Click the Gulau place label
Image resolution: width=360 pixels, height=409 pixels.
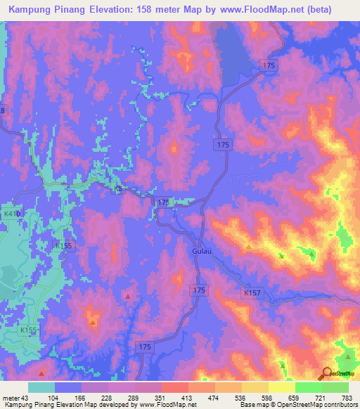[198, 251]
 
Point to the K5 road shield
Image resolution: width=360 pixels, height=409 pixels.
[118, 190]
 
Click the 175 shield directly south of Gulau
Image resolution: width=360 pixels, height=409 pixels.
[199, 290]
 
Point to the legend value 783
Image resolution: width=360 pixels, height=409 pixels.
[347, 397]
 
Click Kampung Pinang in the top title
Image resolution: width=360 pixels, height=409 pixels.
[46, 10]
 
